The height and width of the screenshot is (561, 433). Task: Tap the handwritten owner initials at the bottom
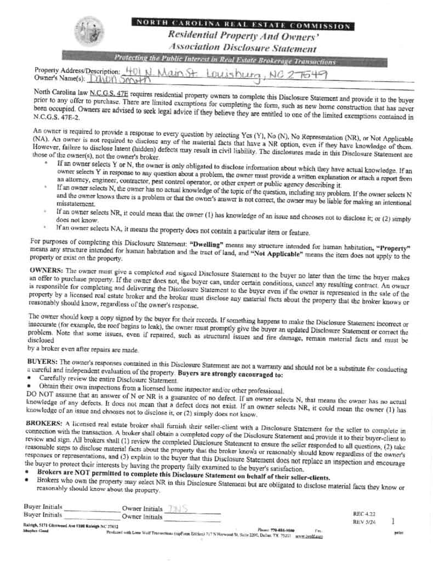(x=176, y=508)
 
